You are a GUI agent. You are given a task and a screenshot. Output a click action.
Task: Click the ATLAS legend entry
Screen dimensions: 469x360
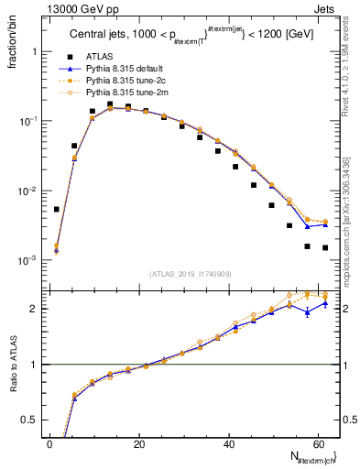(99, 58)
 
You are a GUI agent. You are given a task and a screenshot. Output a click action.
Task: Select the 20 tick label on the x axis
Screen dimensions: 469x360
(138, 444)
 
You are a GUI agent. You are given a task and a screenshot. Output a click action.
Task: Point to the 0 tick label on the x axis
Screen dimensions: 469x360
(49, 444)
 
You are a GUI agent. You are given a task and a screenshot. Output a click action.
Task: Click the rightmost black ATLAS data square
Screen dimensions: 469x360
(325, 247)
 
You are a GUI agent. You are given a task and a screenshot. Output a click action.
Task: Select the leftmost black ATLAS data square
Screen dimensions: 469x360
(57, 209)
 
